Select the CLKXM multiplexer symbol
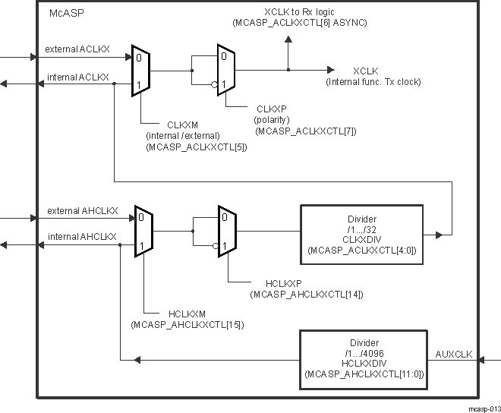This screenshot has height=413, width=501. pos(142,71)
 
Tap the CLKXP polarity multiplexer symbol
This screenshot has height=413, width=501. pos(227,71)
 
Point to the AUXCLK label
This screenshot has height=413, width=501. pos(454,354)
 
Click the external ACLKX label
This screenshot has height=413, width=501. pos(77,49)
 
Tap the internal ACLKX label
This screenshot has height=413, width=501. pos(77,77)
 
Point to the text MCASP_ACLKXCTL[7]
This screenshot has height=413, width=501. pos(306,131)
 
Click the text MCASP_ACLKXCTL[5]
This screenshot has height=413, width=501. pos(196,147)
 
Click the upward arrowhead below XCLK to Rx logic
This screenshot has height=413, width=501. pos(288,39)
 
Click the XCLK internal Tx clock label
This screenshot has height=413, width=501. pos(373,76)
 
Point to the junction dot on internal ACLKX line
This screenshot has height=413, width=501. pos(114,84)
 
